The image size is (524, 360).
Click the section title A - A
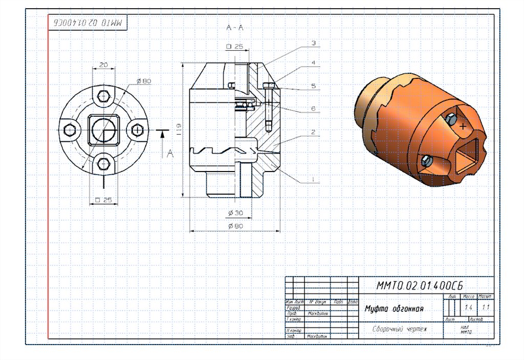[234, 28]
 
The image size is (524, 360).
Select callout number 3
[314, 43]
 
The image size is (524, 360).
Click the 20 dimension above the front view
[103, 65]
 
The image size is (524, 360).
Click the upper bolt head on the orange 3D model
[450, 119]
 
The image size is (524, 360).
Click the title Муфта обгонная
[394, 309]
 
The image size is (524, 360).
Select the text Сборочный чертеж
[399, 329]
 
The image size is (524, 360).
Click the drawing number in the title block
[419, 285]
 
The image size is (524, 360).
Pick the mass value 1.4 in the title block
[469, 308]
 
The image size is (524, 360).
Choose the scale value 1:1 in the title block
[486, 308]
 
